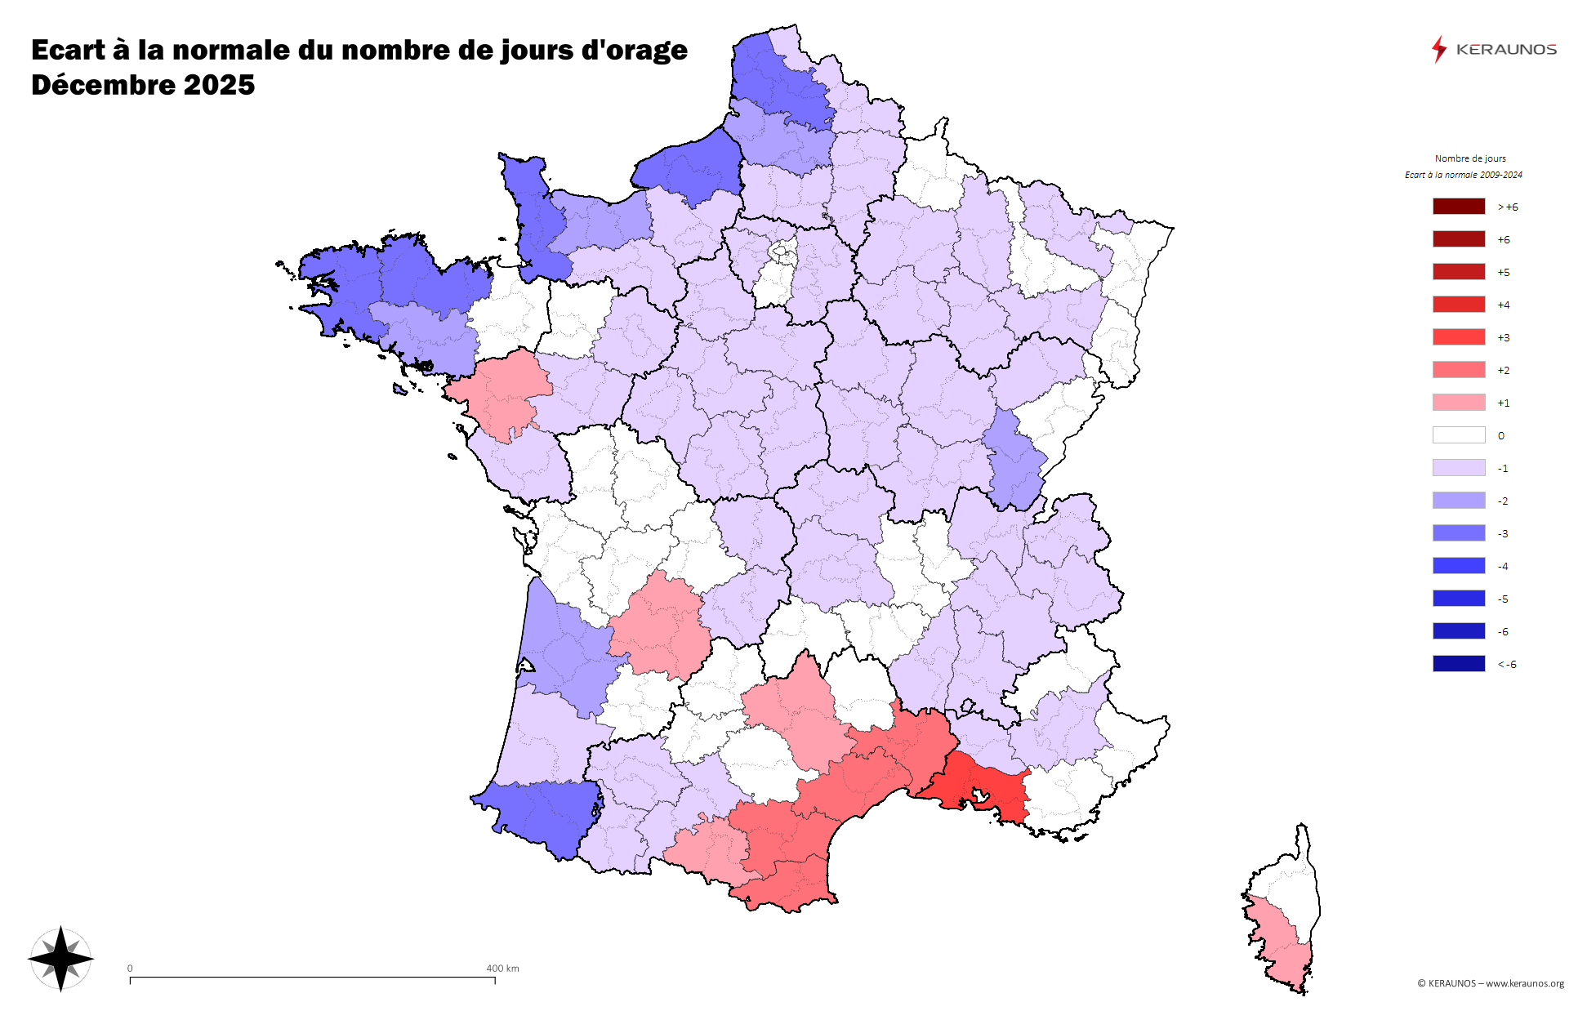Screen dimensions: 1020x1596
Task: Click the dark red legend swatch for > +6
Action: [x=1458, y=207]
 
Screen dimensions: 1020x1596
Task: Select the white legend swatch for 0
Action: [x=1458, y=435]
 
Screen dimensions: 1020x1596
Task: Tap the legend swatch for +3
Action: [x=1458, y=337]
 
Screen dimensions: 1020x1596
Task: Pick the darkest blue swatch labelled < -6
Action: [x=1458, y=664]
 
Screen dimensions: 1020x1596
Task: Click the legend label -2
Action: [x=1503, y=501]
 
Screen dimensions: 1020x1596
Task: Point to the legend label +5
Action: [x=1503, y=273]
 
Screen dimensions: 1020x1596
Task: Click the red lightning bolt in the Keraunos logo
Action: [x=1438, y=50]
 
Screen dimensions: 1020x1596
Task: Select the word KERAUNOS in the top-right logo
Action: [x=1506, y=50]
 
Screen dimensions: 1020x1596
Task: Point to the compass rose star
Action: [x=61, y=959]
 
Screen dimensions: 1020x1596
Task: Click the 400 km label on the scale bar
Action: [x=502, y=969]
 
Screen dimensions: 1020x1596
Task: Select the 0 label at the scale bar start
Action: [x=130, y=969]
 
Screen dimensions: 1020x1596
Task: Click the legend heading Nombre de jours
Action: [x=1470, y=158]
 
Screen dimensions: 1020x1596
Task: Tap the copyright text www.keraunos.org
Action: [x=1524, y=983]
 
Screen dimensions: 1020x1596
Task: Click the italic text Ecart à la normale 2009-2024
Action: [x=1463, y=175]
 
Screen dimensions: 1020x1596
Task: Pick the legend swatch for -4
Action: [x=1458, y=566]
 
